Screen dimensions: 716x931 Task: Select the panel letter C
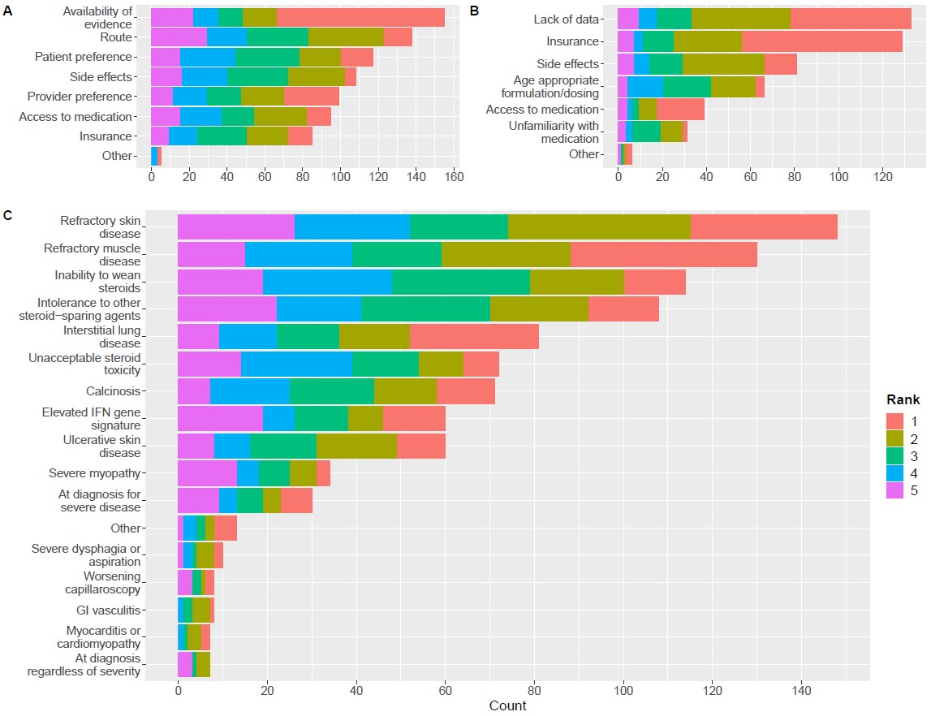pos(7,215)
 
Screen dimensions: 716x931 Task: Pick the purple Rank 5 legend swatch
pos(895,492)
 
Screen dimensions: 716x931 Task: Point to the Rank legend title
pos(902,400)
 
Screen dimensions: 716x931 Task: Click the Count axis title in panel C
pos(507,705)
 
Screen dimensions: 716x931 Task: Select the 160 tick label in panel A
pos(453,175)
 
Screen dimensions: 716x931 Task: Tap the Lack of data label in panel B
pos(566,19)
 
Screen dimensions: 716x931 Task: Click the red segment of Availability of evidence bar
pos(360,17)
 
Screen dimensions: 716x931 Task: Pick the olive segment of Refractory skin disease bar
pos(599,227)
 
